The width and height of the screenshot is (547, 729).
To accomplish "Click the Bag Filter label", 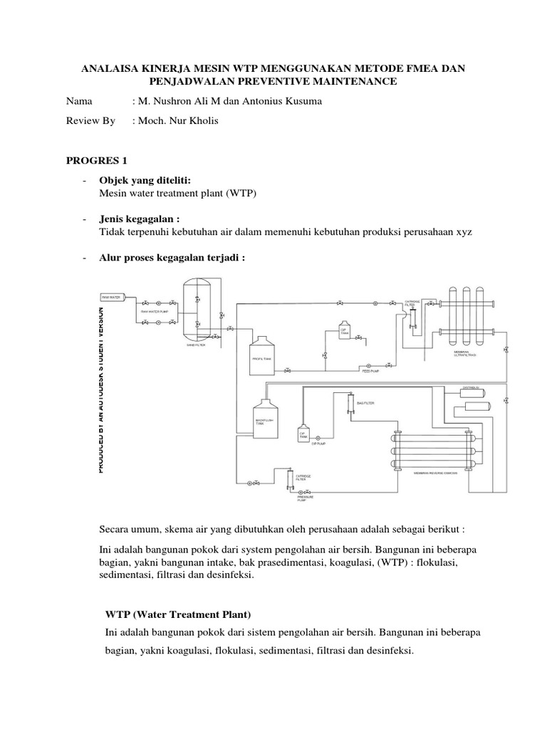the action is [x=365, y=403].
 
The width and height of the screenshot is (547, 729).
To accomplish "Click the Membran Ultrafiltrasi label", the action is [x=467, y=354].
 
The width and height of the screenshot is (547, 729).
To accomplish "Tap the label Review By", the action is [x=90, y=122].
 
